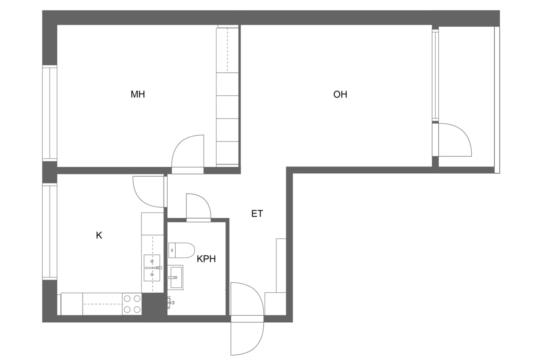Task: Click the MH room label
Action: pyautogui.click(x=138, y=94)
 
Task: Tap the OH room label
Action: pyautogui.click(x=340, y=94)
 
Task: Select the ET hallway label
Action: pyautogui.click(x=257, y=213)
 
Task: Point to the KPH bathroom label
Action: pyautogui.click(x=206, y=259)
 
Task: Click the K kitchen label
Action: pyautogui.click(x=99, y=235)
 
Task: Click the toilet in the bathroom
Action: pyautogui.click(x=182, y=250)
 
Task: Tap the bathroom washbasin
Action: pyautogui.click(x=176, y=277)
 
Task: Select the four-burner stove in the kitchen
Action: pyautogui.click(x=132, y=304)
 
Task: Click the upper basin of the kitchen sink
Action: pyautogui.click(x=152, y=261)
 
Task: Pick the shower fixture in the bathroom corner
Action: pyautogui.click(x=171, y=302)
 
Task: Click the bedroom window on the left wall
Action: pyautogui.click(x=50, y=113)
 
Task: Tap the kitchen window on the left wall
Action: pyautogui.click(x=50, y=232)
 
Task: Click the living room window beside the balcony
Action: pyautogui.click(x=435, y=75)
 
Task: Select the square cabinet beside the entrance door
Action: pyautogui.click(x=275, y=304)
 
